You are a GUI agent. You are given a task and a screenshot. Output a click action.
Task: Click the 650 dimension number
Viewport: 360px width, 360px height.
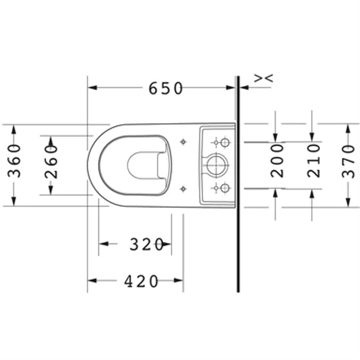pos(165,89)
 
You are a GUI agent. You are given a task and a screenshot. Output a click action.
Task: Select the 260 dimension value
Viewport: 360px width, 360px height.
pos(51,162)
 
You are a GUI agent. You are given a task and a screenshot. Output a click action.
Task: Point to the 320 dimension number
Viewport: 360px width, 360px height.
pos(147,244)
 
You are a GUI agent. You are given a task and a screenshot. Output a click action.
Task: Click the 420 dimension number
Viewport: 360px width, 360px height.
pos(141,281)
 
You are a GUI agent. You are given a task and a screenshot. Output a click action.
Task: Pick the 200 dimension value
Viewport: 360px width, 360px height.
pos(277,161)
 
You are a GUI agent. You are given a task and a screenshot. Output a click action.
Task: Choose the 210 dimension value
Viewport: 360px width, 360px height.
pos(314,161)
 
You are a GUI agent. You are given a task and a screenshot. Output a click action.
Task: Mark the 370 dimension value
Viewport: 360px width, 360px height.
pos(348,161)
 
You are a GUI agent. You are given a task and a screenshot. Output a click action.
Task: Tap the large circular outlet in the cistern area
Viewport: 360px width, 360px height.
pos(216,165)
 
